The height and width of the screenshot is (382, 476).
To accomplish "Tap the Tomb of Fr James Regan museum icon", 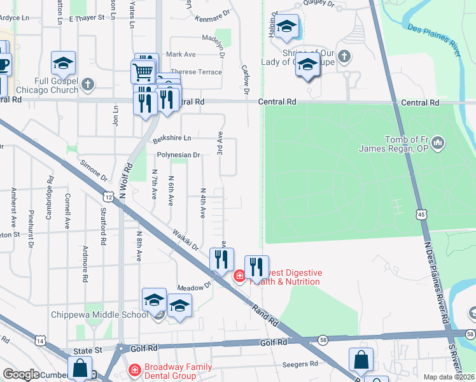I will (438, 145).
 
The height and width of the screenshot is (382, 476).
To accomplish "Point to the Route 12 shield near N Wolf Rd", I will (109, 198).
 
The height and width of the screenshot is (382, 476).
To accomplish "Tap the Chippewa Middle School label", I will (95, 314).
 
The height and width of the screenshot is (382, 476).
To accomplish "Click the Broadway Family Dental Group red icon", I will (134, 369).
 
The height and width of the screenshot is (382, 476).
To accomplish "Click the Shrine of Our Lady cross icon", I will (344, 56).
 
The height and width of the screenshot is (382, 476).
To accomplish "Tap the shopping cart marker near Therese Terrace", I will (144, 71).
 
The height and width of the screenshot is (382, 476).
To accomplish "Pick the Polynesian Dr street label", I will (178, 154).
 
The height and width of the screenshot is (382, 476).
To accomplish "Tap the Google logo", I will (21, 374).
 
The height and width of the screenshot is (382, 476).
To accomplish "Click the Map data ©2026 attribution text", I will (449, 377).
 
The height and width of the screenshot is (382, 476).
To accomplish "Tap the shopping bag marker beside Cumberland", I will (81, 368).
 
